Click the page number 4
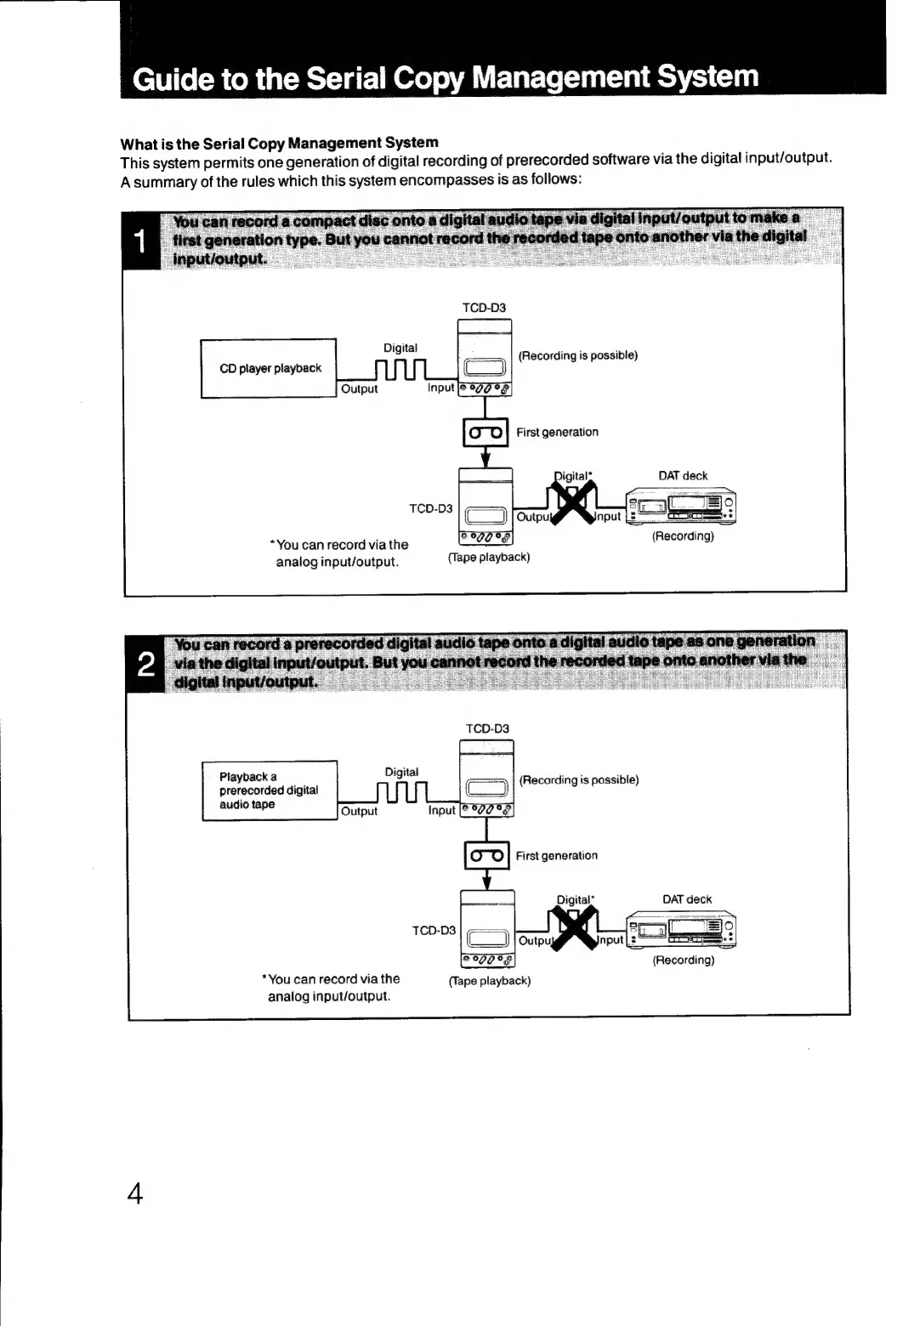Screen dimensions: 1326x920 (x=134, y=1193)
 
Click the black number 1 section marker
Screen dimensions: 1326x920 (x=141, y=241)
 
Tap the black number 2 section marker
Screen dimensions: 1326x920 (x=145, y=663)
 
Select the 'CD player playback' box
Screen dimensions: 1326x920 (x=269, y=368)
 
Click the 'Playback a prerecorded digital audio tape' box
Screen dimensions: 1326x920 (x=269, y=790)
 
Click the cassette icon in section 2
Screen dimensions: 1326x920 (x=486, y=856)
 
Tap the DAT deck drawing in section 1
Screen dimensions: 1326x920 (x=680, y=507)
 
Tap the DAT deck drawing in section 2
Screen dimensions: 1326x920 (x=682, y=932)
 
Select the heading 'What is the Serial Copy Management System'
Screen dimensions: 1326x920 (x=280, y=143)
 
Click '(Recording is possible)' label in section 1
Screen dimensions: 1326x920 (x=578, y=355)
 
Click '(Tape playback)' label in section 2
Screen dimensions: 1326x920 (x=490, y=981)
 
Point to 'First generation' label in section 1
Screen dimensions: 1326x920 (x=557, y=432)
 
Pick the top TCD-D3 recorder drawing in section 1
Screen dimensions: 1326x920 (x=485, y=358)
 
